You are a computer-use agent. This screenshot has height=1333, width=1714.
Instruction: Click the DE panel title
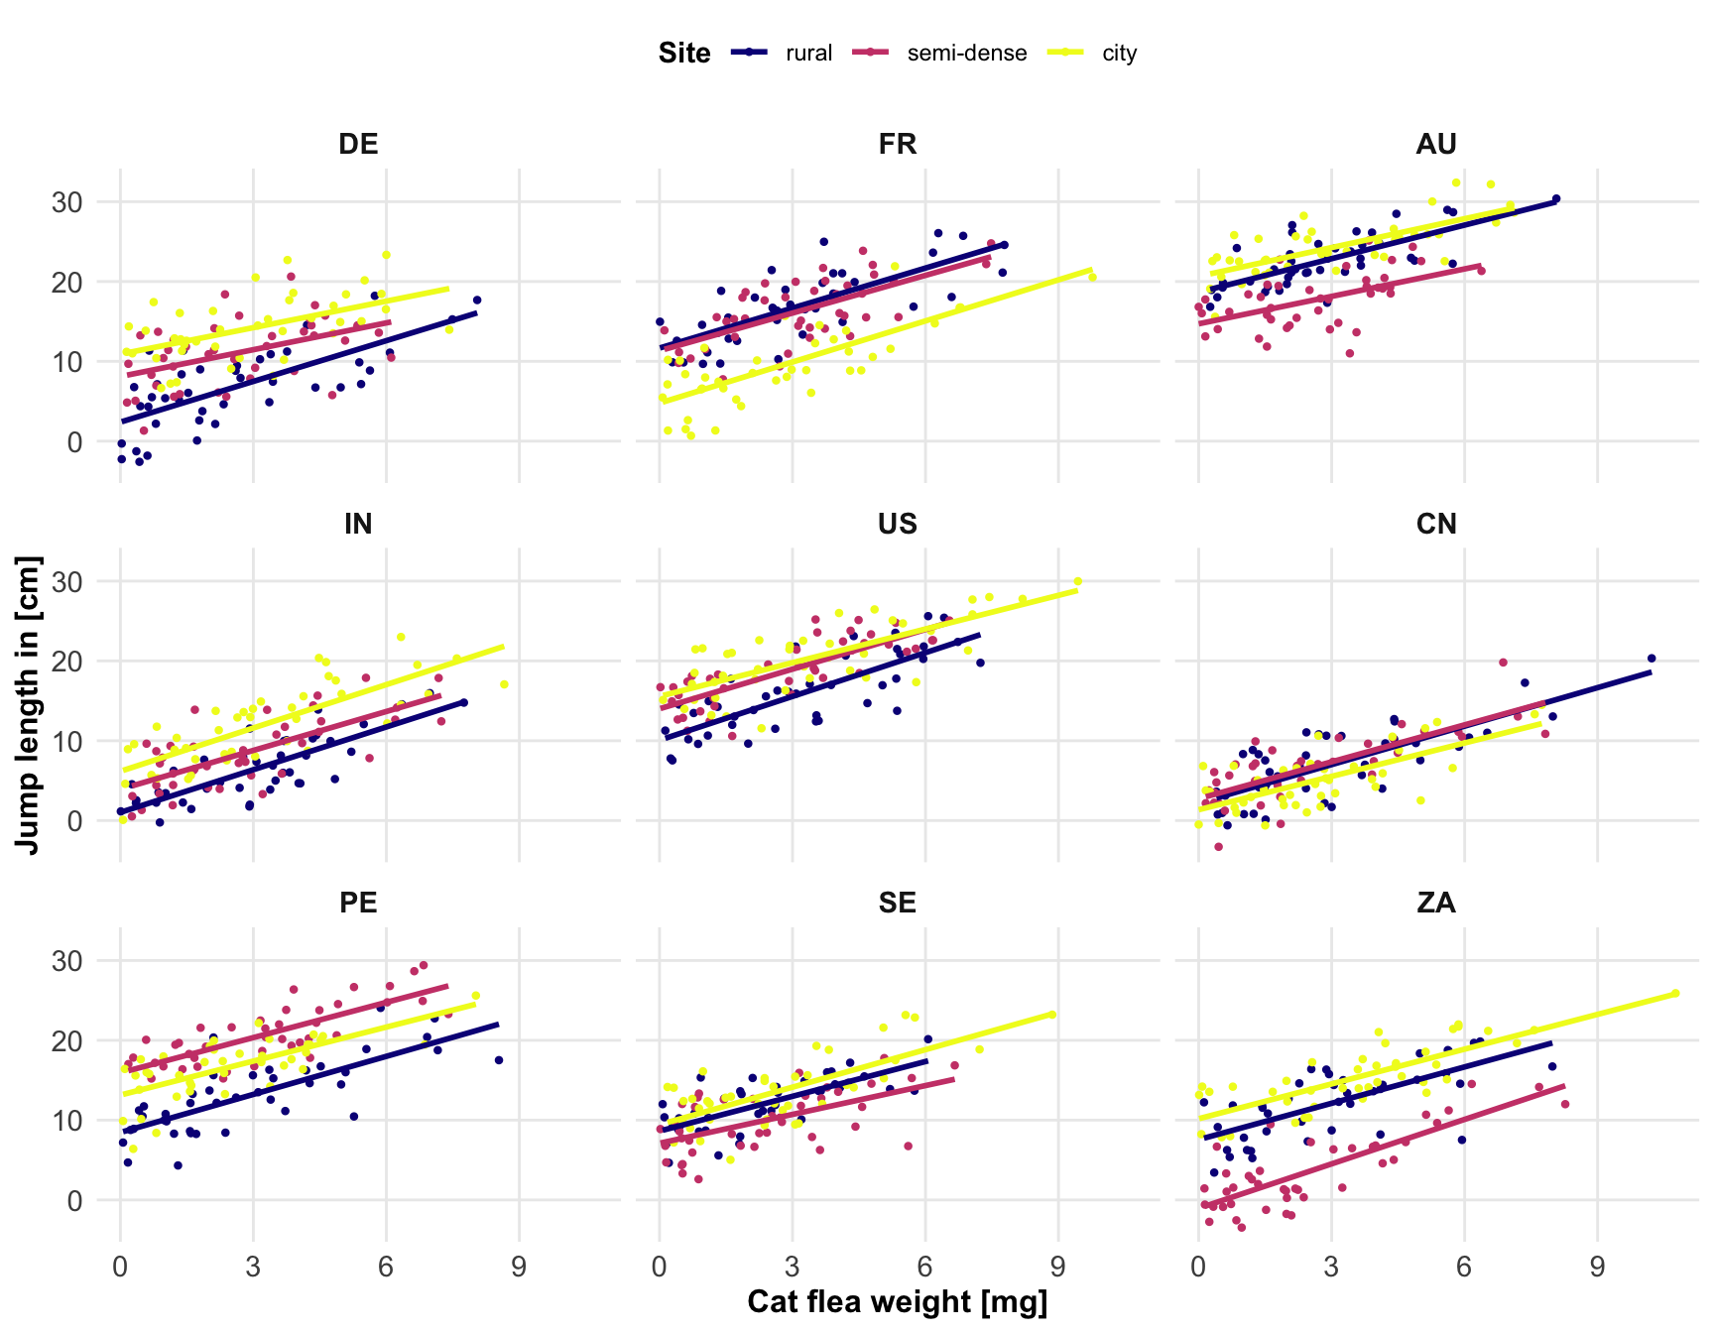click(358, 145)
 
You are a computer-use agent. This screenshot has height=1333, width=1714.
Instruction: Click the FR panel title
click(897, 145)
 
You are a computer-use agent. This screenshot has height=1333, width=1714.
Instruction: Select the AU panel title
click(1436, 145)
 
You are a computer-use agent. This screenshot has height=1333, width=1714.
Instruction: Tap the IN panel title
click(358, 524)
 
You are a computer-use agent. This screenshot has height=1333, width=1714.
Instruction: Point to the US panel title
click(897, 524)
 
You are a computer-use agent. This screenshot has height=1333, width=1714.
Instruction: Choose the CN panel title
click(1436, 524)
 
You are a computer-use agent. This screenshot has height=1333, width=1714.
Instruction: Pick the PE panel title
click(358, 903)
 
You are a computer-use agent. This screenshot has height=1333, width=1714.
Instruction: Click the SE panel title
click(897, 903)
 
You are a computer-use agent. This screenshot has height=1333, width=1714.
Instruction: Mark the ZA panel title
click(1436, 903)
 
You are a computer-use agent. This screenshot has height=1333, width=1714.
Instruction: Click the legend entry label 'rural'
click(808, 54)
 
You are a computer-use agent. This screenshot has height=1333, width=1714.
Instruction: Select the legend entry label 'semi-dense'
click(967, 54)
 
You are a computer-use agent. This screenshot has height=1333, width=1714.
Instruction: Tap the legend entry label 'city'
click(1119, 54)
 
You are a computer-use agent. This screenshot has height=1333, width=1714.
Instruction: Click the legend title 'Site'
click(684, 54)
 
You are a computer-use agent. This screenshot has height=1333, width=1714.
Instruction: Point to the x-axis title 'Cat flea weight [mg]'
click(897, 1302)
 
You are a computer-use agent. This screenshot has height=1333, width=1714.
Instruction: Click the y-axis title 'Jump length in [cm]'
click(29, 704)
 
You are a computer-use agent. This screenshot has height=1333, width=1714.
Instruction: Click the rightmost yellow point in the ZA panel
click(1675, 993)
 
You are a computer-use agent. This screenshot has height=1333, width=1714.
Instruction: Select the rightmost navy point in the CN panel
click(1652, 658)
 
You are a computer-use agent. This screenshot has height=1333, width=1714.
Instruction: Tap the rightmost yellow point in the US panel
click(1078, 581)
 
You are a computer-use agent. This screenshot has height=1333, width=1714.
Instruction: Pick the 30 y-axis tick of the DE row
click(68, 201)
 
